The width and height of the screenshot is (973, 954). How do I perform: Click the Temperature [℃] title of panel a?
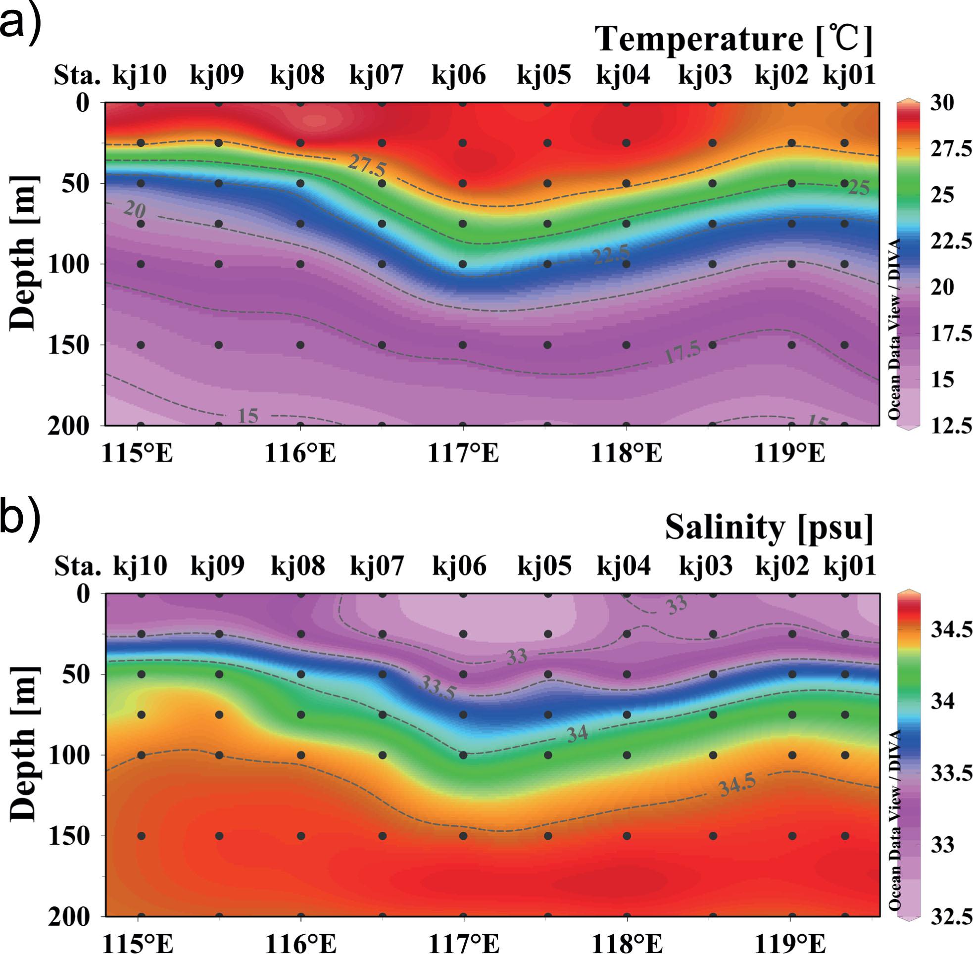pyautogui.click(x=734, y=39)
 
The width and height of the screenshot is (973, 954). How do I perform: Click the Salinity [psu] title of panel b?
pyautogui.click(x=769, y=527)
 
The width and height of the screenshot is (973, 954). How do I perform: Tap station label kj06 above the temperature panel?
pyautogui.click(x=458, y=75)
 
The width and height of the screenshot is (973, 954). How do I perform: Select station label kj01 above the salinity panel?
pyautogui.click(x=850, y=566)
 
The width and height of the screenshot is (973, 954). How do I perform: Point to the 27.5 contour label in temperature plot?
pyautogui.click(x=367, y=166)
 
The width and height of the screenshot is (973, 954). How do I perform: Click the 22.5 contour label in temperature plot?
pyautogui.click(x=611, y=255)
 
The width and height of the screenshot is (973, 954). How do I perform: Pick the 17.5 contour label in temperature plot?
pyautogui.click(x=682, y=353)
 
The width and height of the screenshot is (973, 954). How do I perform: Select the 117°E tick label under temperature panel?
pyautogui.click(x=463, y=453)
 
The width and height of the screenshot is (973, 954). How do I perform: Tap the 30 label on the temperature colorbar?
pyautogui.click(x=942, y=103)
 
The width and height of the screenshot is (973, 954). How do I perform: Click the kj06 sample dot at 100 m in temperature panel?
pyautogui.click(x=463, y=264)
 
